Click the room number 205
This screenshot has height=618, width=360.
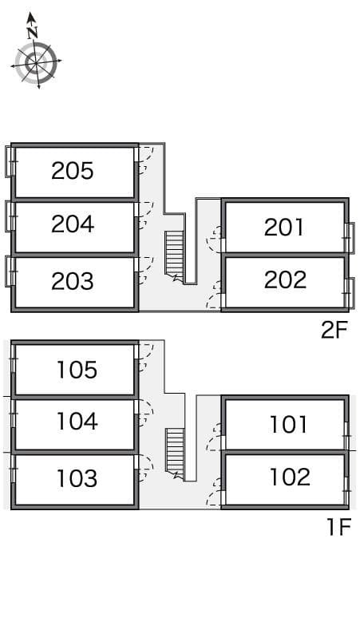coord(73,171)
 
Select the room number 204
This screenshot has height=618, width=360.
coord(73,224)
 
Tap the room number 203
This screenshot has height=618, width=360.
coord(73,281)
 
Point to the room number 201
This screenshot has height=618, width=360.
coord(284,228)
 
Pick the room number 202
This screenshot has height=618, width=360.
coord(285,279)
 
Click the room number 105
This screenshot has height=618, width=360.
coord(77,370)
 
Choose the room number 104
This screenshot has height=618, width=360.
coord(77,421)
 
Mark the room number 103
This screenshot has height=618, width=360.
coord(77,478)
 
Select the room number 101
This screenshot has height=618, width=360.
coord(288,425)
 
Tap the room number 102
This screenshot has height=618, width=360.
coord(290,477)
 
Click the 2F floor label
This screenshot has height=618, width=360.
coord(334,331)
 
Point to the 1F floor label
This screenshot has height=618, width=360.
coord(338,527)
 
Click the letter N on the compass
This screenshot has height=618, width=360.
coord(32,32)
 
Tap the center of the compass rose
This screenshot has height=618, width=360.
coord(36,62)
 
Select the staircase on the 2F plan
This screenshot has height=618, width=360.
coord(175,256)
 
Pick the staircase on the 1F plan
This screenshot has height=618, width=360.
coord(175,454)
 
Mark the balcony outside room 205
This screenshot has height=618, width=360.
coord(8,162)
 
